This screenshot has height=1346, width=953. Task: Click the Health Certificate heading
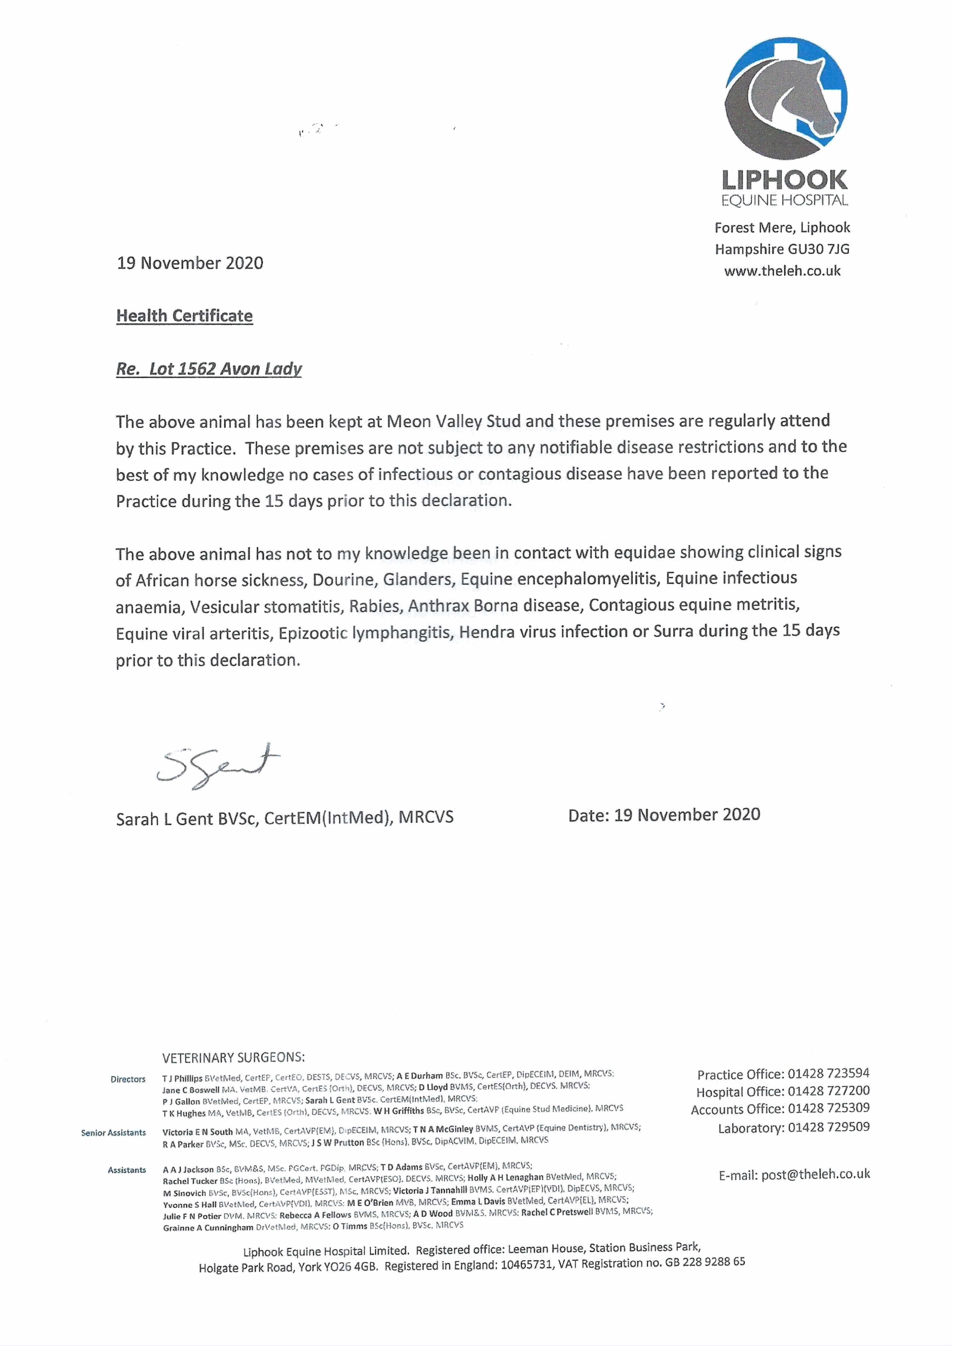click(184, 316)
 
